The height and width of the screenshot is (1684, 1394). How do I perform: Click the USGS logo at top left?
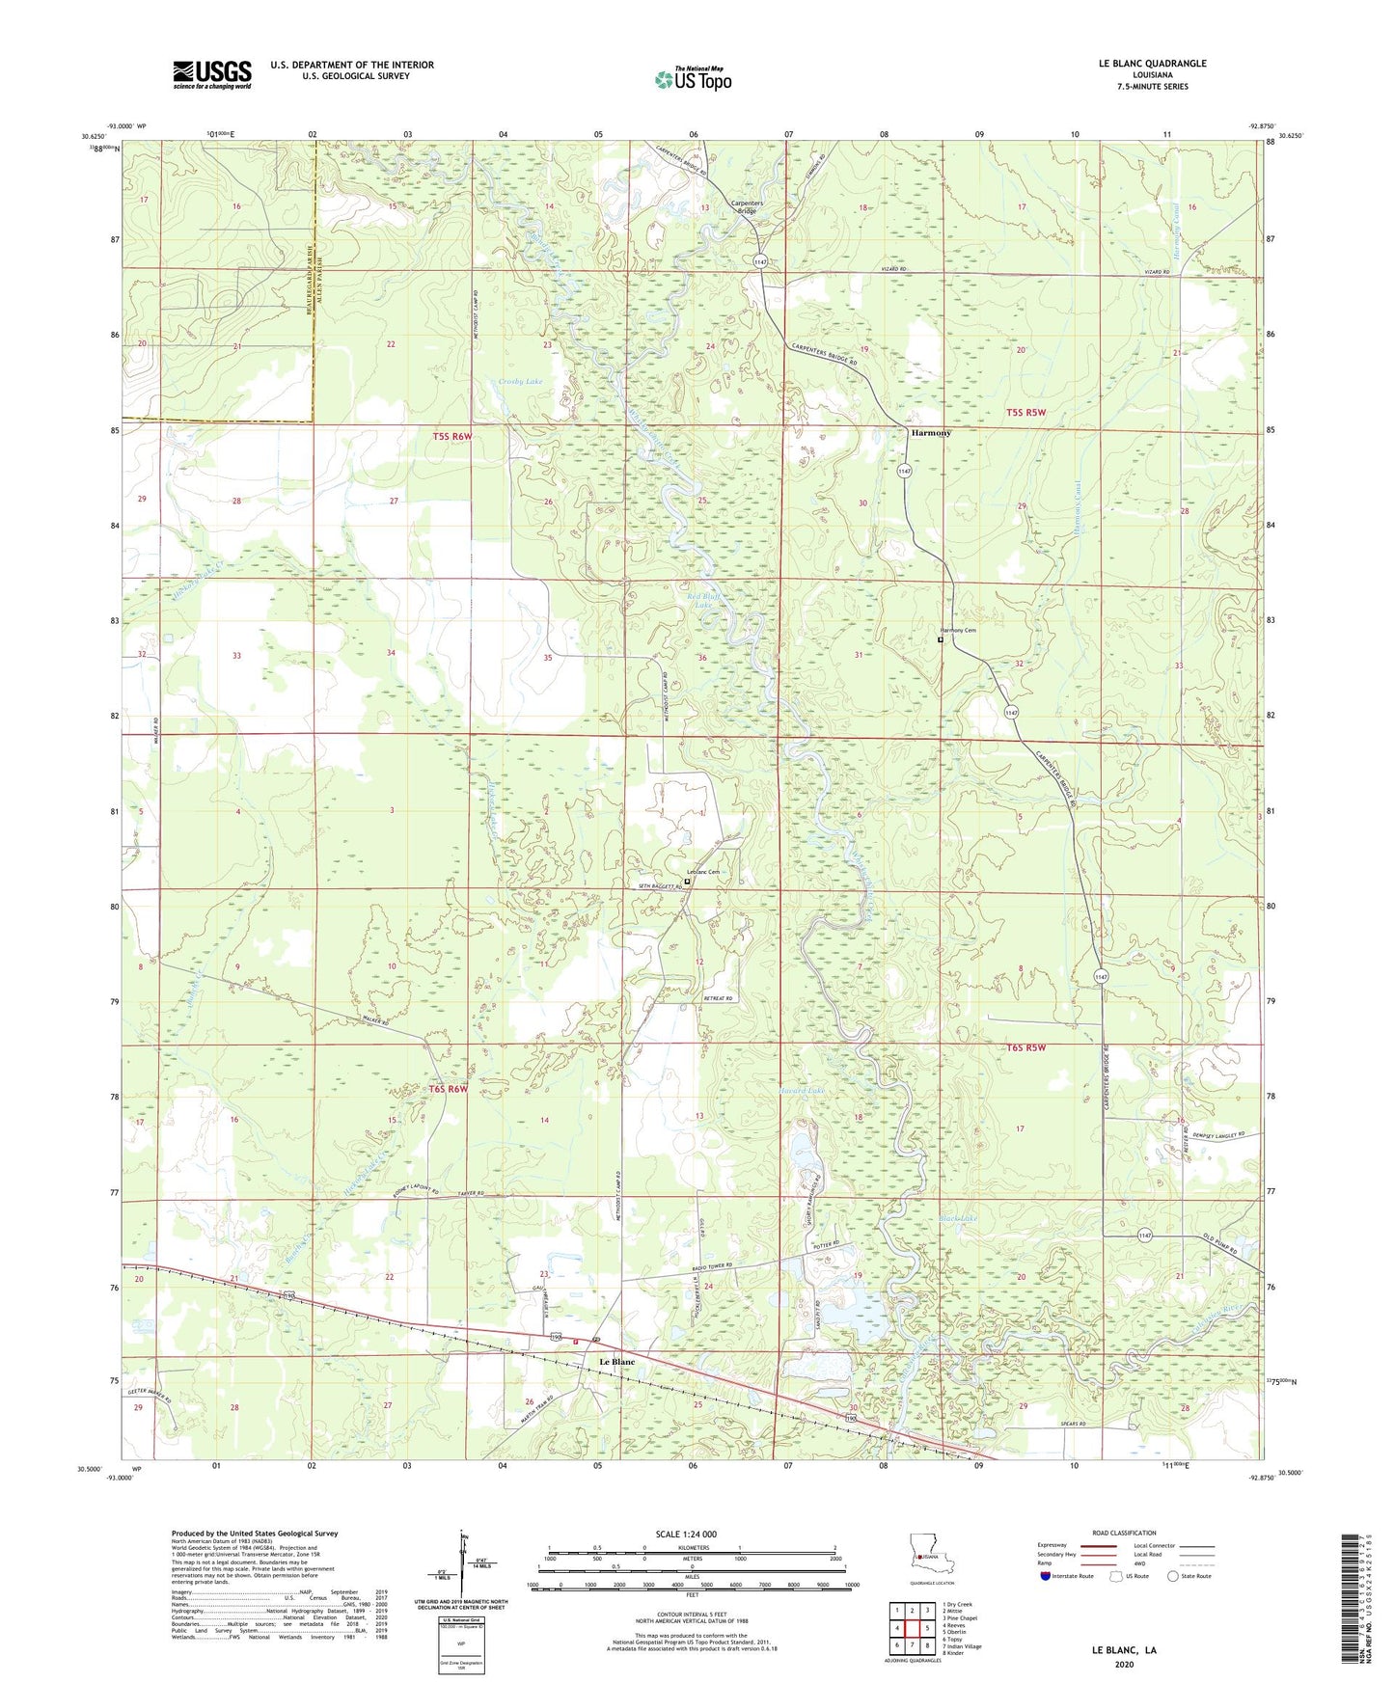click(212, 74)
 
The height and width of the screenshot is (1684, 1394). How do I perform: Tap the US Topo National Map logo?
click(693, 79)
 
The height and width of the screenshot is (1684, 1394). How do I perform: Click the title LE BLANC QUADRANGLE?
click(1152, 64)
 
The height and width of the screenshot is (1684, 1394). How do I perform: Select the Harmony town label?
click(931, 433)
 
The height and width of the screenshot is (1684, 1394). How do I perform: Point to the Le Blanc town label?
click(617, 1362)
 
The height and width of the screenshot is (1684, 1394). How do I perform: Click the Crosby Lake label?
click(521, 382)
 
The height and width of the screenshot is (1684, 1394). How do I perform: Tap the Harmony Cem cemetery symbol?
click(941, 638)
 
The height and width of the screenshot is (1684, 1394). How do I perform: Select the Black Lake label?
click(958, 1219)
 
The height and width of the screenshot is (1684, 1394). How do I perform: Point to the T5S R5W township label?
click(1025, 412)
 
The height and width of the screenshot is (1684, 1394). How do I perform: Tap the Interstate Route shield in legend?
click(1045, 1576)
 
